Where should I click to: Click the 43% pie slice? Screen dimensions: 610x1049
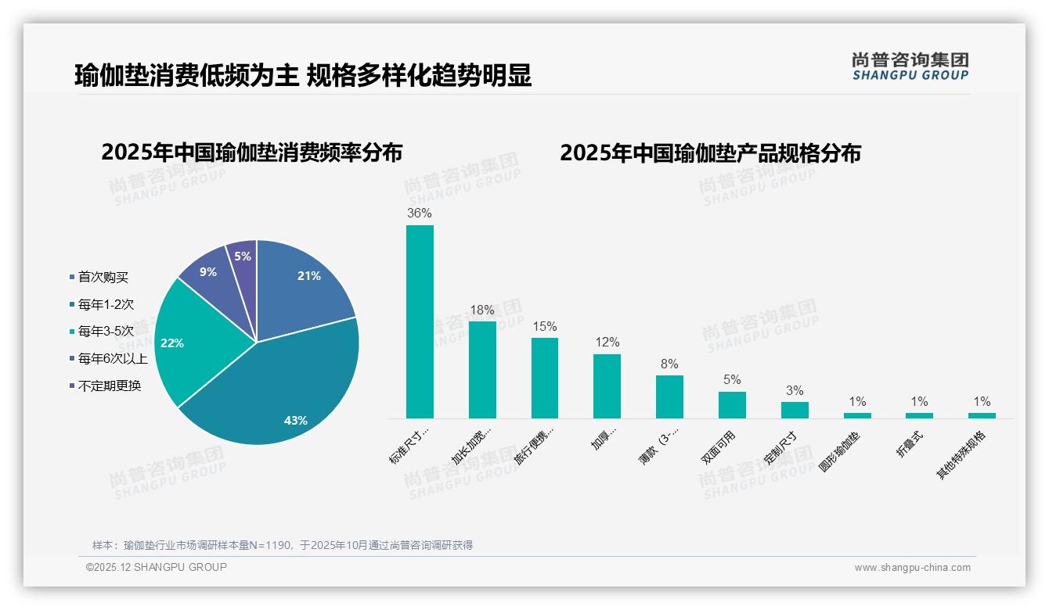282,391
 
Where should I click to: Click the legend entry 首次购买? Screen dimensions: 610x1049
103,277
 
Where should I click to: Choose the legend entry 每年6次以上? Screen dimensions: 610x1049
112,359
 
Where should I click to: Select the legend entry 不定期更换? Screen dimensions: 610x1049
109,386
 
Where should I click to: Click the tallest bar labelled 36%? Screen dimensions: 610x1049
420,321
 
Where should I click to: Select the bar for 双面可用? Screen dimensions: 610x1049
732,404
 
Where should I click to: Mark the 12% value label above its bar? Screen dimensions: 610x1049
607,343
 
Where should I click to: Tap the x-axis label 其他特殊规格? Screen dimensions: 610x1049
962,455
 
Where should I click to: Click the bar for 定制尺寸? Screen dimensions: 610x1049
795,410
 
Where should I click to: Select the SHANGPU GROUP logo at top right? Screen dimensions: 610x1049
910,66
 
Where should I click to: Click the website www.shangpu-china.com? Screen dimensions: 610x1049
912,568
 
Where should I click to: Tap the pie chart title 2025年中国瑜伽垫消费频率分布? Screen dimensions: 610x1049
251,152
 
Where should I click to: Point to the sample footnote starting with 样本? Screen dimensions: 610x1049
283,545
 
